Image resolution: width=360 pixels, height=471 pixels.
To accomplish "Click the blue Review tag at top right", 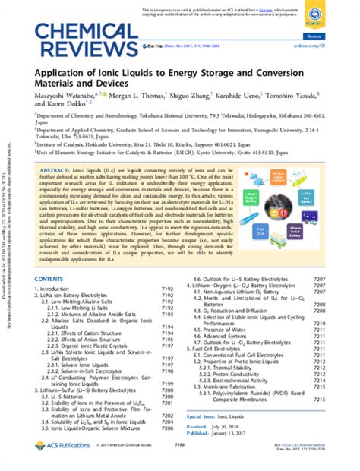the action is (333, 36).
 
